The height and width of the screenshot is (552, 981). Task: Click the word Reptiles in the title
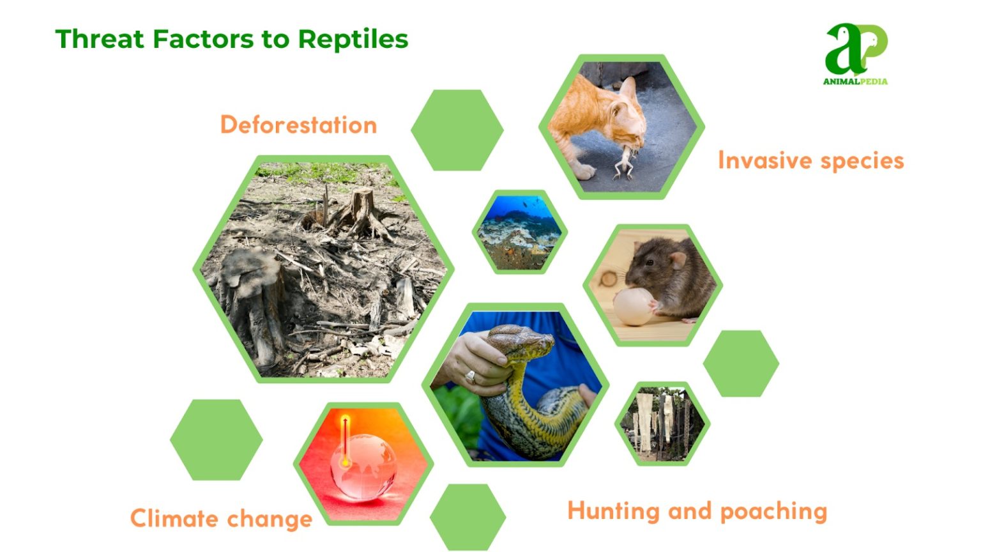pyautogui.click(x=353, y=40)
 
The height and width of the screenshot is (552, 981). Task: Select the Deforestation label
pyautogui.click(x=298, y=125)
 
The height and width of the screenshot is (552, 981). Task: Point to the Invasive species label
pyautogui.click(x=810, y=160)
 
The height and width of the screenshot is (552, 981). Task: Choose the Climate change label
pyautogui.click(x=221, y=518)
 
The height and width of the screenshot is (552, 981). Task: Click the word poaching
pyautogui.click(x=773, y=512)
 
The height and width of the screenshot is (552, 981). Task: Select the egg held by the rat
pyautogui.click(x=632, y=306)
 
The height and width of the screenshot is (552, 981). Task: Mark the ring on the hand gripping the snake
pyautogui.click(x=471, y=377)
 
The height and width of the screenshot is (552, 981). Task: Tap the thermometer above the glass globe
pyautogui.click(x=345, y=441)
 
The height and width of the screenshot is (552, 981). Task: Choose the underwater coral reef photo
pyautogui.click(x=519, y=231)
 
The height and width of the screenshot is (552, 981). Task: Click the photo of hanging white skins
pyautogui.click(x=662, y=423)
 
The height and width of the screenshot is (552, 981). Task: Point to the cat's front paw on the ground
pyautogui.click(x=583, y=171)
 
